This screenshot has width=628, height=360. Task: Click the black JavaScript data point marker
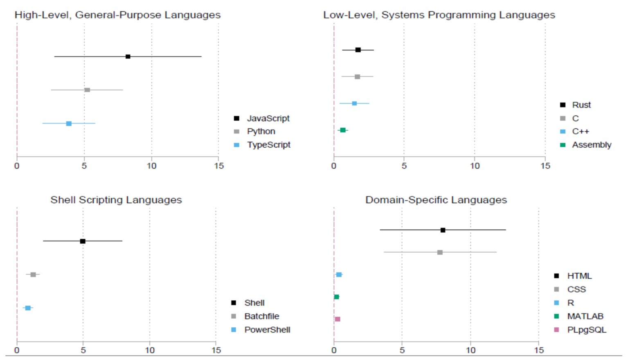point(128,56)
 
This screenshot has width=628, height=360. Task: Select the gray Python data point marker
point(87,90)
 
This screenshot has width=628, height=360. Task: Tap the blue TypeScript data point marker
point(69,124)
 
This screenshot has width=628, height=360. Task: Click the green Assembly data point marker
point(343,130)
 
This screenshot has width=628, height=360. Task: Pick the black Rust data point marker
point(358,50)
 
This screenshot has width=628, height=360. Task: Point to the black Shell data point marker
point(83,241)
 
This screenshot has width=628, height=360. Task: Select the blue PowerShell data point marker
point(28,308)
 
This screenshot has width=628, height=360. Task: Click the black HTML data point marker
point(443,230)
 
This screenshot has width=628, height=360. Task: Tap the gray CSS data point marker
point(440,252)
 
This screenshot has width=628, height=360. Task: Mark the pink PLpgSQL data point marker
point(338,319)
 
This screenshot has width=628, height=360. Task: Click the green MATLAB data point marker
point(336,297)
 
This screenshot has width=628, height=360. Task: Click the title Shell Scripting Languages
point(116,200)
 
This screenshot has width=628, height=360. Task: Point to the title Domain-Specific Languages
point(436,200)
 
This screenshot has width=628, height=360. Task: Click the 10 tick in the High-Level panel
point(151,166)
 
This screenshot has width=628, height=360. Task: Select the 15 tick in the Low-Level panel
point(545,166)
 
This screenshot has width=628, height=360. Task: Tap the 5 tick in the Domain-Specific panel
point(402,351)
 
